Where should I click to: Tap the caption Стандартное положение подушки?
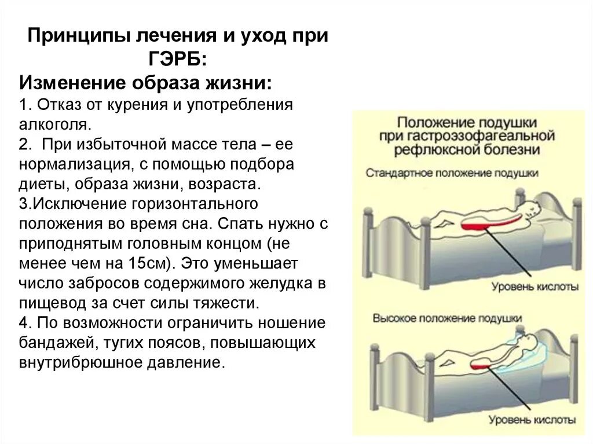tap(452, 173)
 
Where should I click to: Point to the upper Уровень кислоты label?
tap(535, 286)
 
